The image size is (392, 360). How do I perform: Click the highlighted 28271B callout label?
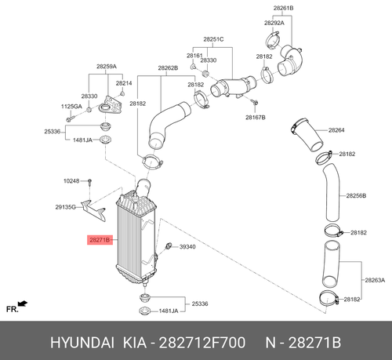click(x=100, y=239)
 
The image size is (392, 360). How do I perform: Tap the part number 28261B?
click(x=283, y=8)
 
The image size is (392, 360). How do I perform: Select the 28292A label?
click(x=274, y=23)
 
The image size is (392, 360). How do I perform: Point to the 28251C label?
click(x=213, y=39)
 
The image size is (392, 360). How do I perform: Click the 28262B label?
click(x=168, y=68)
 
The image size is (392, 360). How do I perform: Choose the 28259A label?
click(x=107, y=67)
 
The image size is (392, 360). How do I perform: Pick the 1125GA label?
click(x=71, y=107)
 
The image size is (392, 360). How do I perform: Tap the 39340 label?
click(x=187, y=247)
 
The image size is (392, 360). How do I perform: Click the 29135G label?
click(x=65, y=207)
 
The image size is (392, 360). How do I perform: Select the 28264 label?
click(x=336, y=130)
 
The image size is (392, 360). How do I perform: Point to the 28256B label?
click(x=356, y=195)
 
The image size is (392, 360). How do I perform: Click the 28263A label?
click(x=375, y=280)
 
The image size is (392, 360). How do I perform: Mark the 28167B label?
click(x=256, y=118)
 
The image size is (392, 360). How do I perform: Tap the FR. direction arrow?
click(x=23, y=304)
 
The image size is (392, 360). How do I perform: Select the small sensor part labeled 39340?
click(x=169, y=245)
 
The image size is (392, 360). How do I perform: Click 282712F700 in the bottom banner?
click(x=202, y=343)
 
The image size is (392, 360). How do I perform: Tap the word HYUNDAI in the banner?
click(x=82, y=343)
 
